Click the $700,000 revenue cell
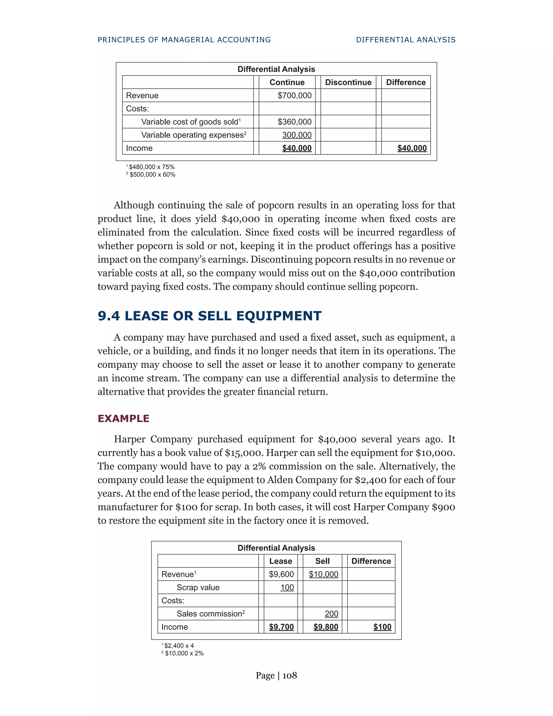coord(294,95)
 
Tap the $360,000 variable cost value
coord(294,122)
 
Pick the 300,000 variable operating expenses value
coord(297,135)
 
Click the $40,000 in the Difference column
coord(412,148)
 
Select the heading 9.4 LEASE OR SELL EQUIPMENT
coord(209,316)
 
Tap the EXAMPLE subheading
coord(123,418)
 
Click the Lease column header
coord(281,561)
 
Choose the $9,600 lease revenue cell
coord(281,574)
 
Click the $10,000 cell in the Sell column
coord(323,574)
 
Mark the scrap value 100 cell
coord(287,587)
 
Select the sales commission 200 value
coord(331,614)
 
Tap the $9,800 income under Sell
coord(326,627)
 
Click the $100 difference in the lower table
coord(382,627)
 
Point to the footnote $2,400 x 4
coord(178,645)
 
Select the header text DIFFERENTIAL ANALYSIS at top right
coord(406,40)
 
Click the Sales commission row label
coord(210,614)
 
